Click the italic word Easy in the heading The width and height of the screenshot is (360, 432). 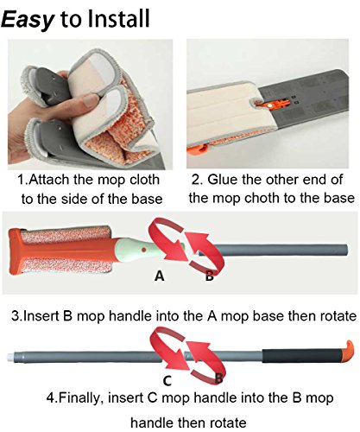click(x=28, y=20)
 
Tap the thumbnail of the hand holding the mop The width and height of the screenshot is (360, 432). click(x=90, y=105)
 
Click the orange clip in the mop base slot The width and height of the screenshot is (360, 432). click(x=273, y=105)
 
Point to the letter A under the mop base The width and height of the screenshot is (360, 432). click(x=159, y=276)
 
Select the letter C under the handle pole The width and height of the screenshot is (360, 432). click(x=167, y=380)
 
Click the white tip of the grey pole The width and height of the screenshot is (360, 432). click(x=10, y=357)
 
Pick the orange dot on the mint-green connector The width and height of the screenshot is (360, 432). click(x=143, y=249)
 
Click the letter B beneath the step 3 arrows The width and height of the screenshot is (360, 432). click(x=210, y=276)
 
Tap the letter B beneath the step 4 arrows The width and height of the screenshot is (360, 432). click(x=219, y=378)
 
